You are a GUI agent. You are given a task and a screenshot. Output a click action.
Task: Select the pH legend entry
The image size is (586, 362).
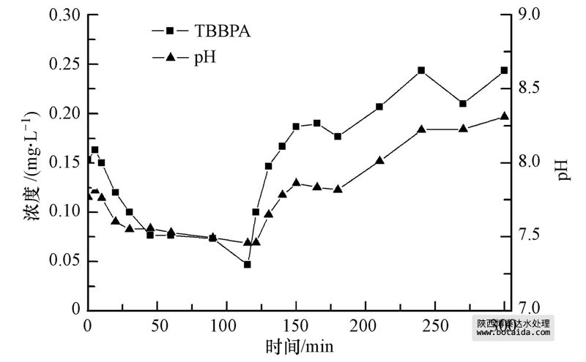point(204,57)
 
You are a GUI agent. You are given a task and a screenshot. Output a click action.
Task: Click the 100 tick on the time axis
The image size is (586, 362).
point(226,325)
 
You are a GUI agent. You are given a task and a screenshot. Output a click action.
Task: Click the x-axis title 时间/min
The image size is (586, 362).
point(295,344)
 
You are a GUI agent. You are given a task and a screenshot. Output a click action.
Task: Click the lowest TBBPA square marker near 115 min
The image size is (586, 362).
point(248,264)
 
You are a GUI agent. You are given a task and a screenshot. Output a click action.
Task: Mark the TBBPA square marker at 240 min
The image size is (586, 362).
point(421,70)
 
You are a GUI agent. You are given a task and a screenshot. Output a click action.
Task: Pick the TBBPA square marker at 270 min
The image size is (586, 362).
point(463,103)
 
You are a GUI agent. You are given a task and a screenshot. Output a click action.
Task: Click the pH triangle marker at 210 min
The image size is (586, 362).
point(379,160)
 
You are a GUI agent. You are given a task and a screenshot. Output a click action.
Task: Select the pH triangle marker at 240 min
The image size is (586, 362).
point(421,129)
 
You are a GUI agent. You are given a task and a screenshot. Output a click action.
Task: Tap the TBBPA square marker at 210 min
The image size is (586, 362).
point(379,107)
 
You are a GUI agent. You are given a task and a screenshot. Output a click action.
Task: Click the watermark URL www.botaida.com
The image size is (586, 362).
point(513,332)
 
